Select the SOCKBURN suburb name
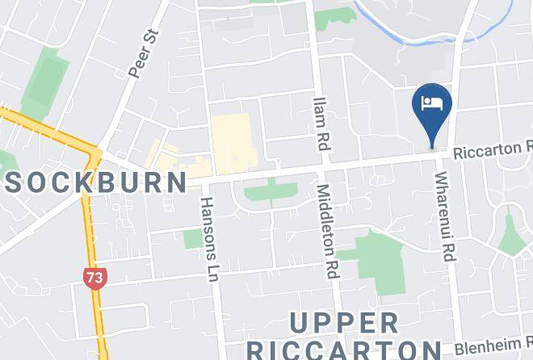click(94, 181)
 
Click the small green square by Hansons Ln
click(193, 239)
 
